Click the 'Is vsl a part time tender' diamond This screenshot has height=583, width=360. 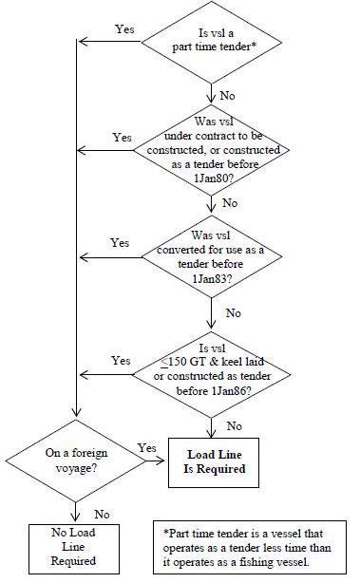click(209, 41)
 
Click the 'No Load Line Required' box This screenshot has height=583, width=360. click(75, 548)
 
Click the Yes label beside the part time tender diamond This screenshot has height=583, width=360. click(124, 29)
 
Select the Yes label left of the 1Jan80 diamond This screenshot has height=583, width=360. click(122, 138)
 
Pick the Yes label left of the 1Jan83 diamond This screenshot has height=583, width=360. click(120, 243)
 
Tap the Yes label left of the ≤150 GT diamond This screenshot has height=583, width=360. click(121, 361)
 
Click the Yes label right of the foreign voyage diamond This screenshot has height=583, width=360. click(147, 447)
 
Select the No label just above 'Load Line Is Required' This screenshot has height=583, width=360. click(234, 425)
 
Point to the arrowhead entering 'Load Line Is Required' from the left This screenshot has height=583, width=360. click(163, 461)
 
